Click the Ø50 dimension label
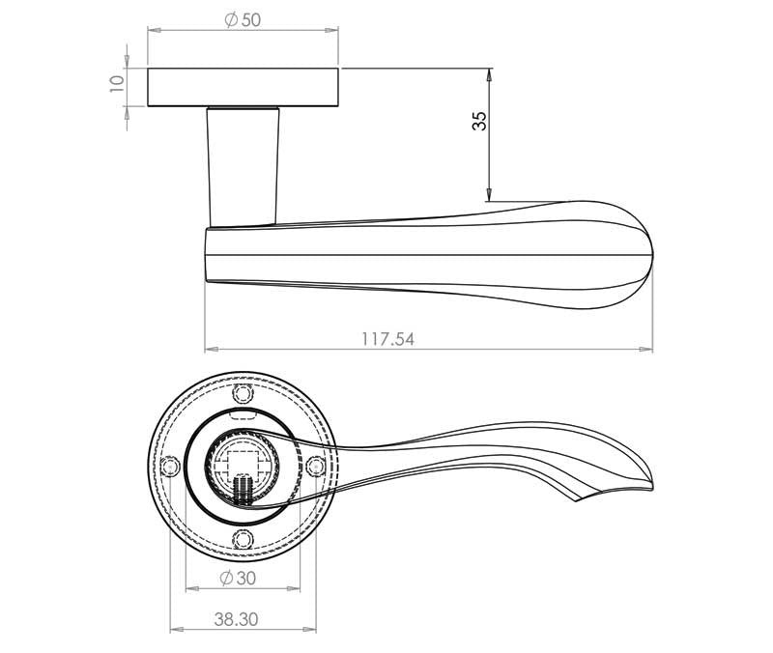click(x=243, y=20)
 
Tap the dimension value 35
click(x=478, y=121)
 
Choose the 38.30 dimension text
click(x=236, y=619)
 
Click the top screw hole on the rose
click(x=243, y=394)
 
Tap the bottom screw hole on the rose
click(x=243, y=539)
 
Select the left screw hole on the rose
click(x=171, y=467)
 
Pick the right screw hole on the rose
click(x=314, y=467)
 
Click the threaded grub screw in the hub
click(x=243, y=488)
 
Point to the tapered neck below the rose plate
click(x=243, y=164)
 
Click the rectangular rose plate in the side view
click(x=243, y=87)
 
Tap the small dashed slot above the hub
click(x=243, y=413)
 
